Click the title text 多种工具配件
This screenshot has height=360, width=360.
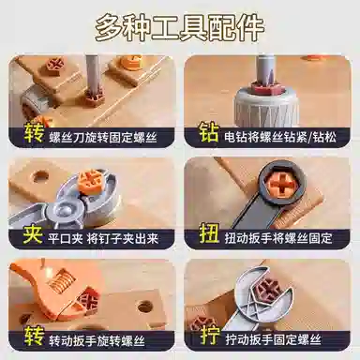tap(180, 28)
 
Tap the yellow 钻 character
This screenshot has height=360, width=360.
tap(209, 132)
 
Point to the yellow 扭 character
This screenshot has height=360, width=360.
tap(209, 233)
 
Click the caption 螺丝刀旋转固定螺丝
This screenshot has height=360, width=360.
tap(103, 138)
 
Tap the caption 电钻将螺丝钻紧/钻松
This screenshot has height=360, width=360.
tap(280, 137)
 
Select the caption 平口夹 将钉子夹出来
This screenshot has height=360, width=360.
tap(103, 239)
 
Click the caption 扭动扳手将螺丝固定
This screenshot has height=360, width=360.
tap(278, 238)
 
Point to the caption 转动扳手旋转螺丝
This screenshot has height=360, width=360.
tap(97, 340)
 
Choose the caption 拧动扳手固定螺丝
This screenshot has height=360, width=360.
tap(274, 339)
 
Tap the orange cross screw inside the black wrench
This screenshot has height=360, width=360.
tap(282, 187)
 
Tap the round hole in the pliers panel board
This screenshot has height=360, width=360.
tap(41, 177)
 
